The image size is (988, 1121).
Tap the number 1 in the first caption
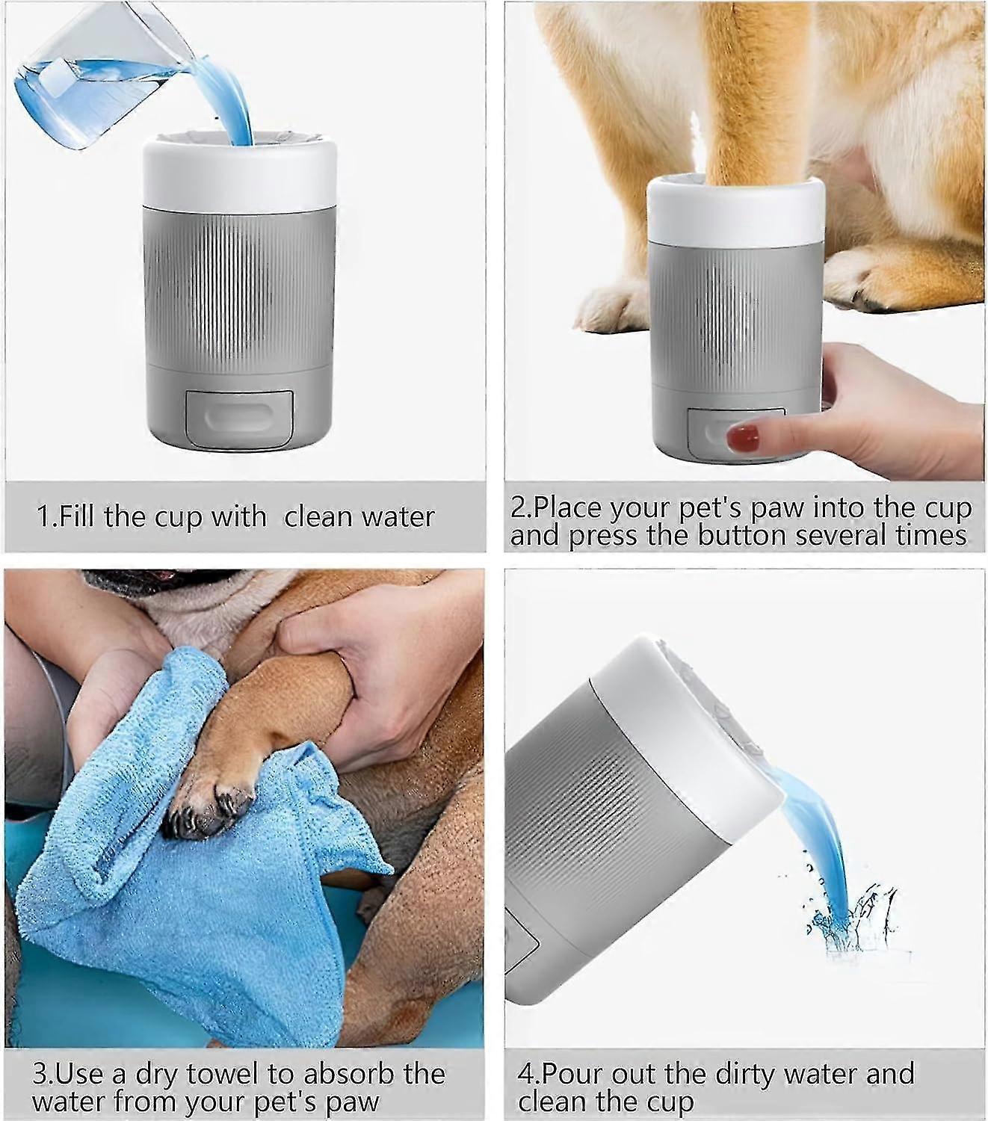[43, 517]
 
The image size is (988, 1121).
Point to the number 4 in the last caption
[525, 1074]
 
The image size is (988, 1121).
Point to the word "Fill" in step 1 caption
[77, 517]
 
